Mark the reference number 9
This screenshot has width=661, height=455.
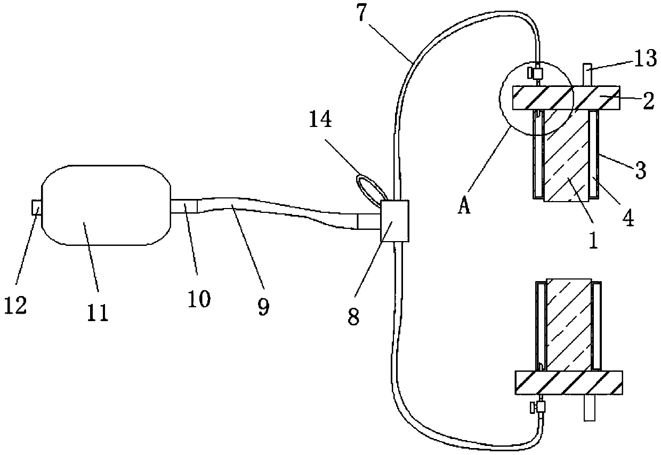[x=262, y=305]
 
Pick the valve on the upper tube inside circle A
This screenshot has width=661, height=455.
[x=537, y=72]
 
